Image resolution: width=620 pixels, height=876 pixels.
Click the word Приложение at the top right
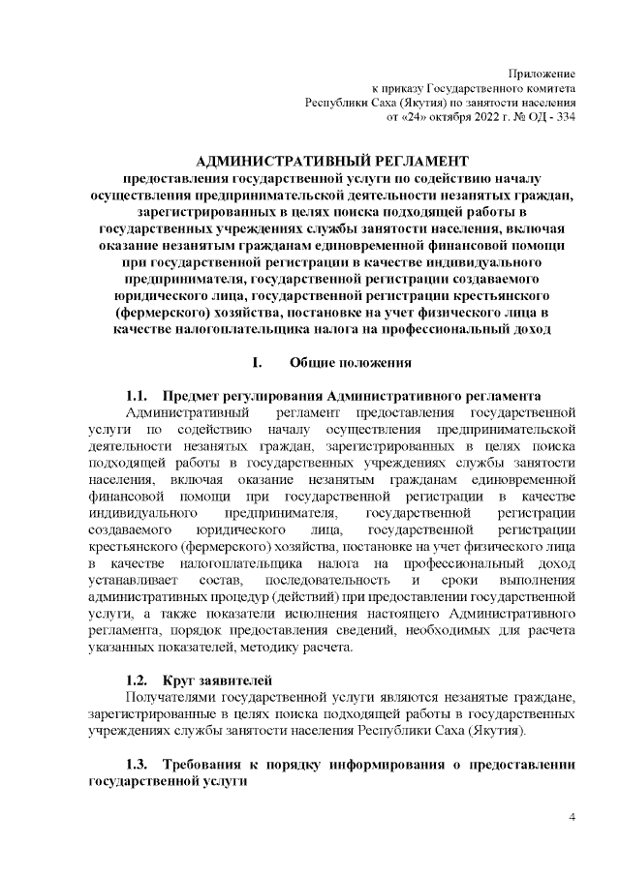click(x=543, y=75)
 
